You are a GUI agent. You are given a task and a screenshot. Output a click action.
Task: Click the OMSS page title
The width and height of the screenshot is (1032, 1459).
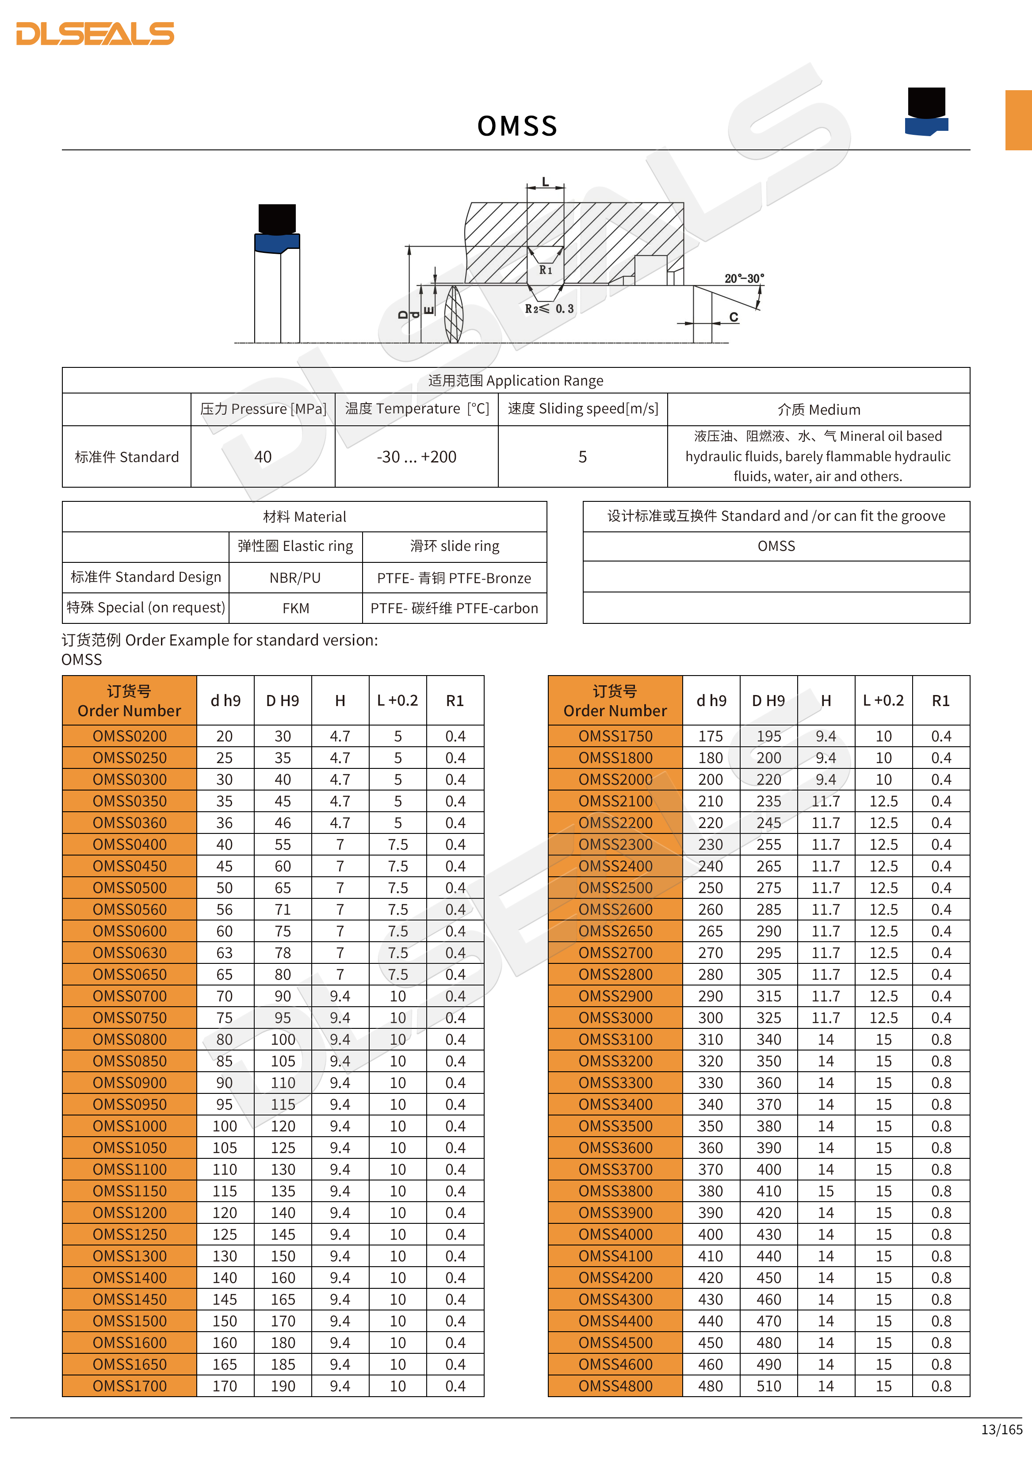point(517,126)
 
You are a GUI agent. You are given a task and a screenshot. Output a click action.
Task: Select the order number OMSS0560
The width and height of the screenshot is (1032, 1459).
point(130,909)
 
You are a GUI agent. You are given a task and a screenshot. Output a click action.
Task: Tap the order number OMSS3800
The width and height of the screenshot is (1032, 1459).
point(615,1191)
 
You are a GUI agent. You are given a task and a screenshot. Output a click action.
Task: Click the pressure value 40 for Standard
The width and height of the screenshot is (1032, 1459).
point(263,457)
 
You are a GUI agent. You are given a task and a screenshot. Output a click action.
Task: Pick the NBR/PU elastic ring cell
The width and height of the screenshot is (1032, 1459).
point(295,577)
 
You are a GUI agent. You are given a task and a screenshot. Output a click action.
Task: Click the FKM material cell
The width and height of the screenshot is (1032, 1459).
point(295,608)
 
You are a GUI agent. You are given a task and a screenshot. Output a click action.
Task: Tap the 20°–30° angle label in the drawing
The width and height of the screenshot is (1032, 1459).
point(744,279)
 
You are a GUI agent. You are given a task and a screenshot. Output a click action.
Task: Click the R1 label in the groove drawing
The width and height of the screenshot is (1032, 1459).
point(545,270)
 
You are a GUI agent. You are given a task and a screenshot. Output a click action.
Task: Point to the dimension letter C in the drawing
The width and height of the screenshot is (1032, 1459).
point(734,317)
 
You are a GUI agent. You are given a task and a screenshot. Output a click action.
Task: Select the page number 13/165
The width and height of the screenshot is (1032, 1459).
point(1001,1429)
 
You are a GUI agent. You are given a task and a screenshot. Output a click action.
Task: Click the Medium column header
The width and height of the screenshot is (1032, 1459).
point(818,410)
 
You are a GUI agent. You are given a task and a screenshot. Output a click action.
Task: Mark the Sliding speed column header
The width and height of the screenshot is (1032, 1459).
point(583,409)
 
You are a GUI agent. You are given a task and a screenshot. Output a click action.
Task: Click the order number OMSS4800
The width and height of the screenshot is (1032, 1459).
point(615,1386)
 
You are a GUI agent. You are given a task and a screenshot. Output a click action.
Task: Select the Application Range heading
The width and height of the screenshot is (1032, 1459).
point(516,381)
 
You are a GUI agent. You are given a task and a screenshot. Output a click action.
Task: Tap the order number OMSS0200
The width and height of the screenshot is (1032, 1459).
point(130,736)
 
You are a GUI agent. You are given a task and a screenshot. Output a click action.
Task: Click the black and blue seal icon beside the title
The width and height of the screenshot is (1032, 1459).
point(926,111)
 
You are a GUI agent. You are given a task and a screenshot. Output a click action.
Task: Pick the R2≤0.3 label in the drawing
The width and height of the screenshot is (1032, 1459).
point(549,309)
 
